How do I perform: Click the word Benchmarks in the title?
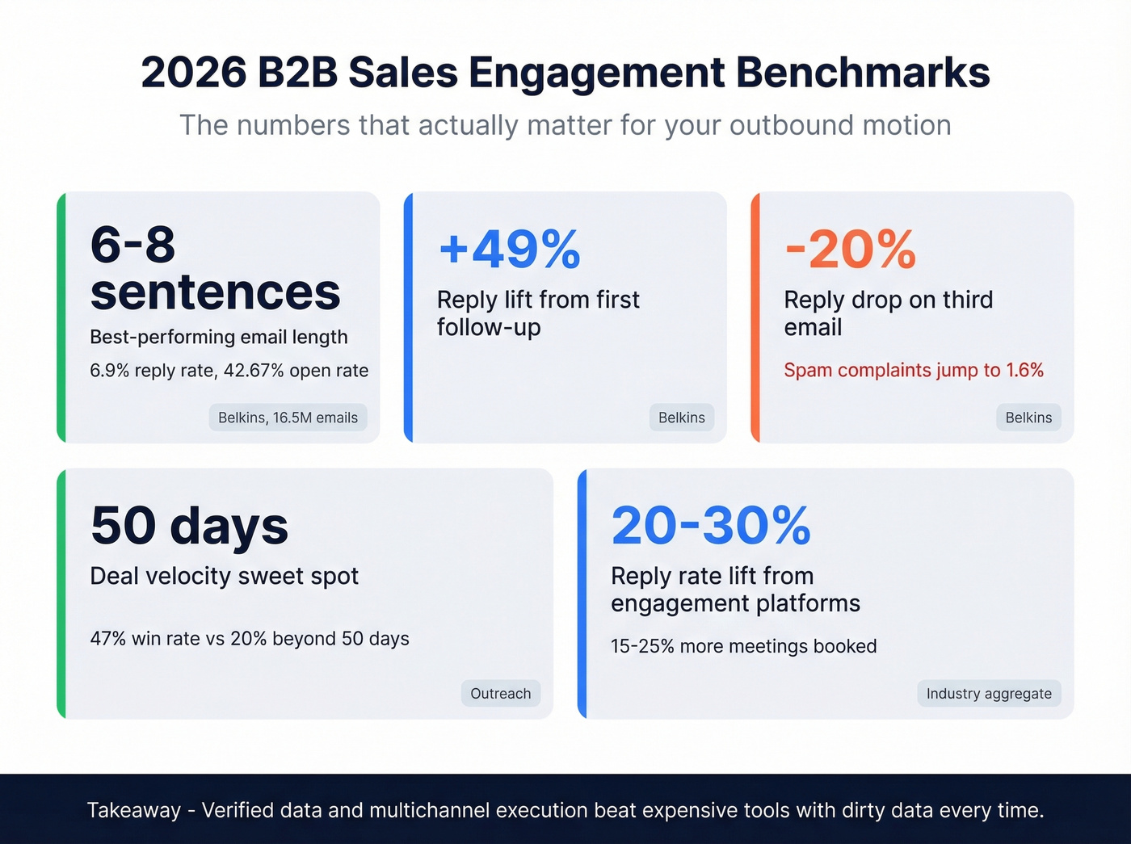862,73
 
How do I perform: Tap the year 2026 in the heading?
193,73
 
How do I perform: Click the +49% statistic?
510,249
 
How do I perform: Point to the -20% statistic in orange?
850,249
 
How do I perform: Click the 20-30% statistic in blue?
711,526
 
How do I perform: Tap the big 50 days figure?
189,526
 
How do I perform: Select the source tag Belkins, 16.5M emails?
288,418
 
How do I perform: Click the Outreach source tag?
501,694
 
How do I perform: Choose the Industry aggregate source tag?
989,694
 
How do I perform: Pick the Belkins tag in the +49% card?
681,418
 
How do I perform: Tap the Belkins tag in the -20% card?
1028,418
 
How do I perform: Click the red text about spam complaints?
914,371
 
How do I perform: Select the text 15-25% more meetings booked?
743,647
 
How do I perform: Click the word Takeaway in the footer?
134,810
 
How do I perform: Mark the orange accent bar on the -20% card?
755,317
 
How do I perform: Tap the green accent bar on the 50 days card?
61,594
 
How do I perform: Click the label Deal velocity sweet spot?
224,577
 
